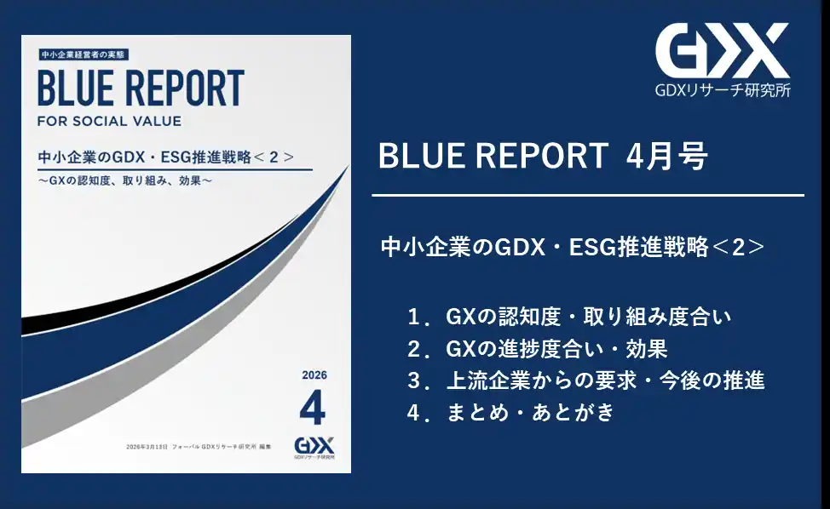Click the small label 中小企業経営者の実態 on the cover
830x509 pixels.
pyautogui.click(x=83, y=54)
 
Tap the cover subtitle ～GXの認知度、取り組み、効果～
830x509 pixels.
pyautogui.click(x=127, y=180)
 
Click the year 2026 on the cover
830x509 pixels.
pyautogui.click(x=314, y=375)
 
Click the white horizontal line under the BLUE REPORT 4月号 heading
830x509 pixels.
pyautogui.click(x=588, y=195)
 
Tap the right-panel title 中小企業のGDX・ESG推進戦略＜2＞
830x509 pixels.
pyautogui.click(x=572, y=248)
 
